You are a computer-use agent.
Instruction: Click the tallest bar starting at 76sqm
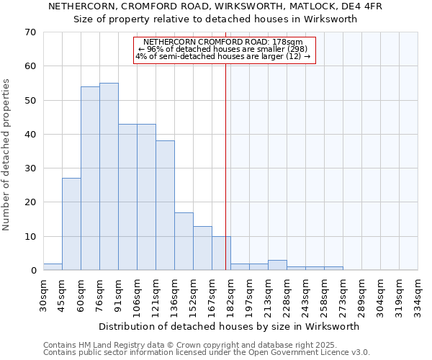pyautogui.click(x=109, y=176)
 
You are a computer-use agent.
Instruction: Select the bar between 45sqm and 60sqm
pyautogui.click(x=71, y=224)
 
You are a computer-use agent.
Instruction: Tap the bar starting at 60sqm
pyautogui.click(x=90, y=179)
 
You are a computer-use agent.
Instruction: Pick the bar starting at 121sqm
pyautogui.click(x=165, y=205)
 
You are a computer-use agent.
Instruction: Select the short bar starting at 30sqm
pyautogui.click(x=53, y=267)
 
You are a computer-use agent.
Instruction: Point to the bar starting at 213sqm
pyautogui.click(x=277, y=265)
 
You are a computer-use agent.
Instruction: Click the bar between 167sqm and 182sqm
pyautogui.click(x=221, y=253)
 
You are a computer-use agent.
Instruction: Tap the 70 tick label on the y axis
pyautogui.click(x=30, y=32)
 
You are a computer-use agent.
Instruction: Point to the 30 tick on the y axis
pyautogui.click(x=30, y=168)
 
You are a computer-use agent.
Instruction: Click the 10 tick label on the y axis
pyautogui.click(x=30, y=236)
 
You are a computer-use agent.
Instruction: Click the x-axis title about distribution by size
pyautogui.click(x=228, y=326)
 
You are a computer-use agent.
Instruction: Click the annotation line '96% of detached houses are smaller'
pyautogui.click(x=225, y=49)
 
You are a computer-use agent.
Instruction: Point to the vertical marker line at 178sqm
pyautogui.click(x=225, y=144)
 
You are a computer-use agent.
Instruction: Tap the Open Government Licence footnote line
pyautogui.click(x=207, y=353)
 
